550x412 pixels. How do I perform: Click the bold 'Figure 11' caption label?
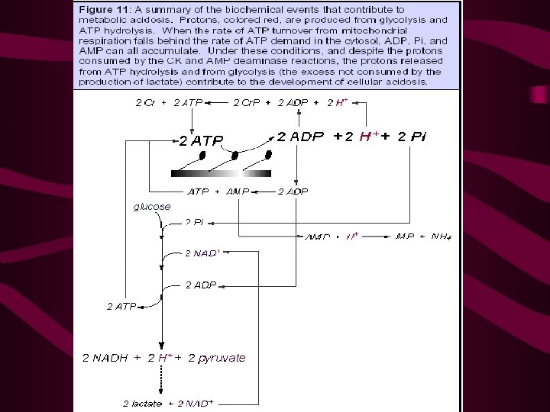pyautogui.click(x=99, y=9)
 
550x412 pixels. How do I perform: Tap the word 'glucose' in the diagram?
pyautogui.click(x=152, y=206)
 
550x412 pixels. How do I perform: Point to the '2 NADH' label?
pyautogui.click(x=107, y=357)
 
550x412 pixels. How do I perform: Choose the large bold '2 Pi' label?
pyautogui.click(x=412, y=137)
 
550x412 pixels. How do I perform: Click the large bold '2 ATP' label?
pyautogui.click(x=201, y=140)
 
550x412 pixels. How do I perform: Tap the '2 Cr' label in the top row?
pyautogui.click(x=144, y=103)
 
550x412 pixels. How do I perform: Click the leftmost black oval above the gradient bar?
pyautogui.click(x=202, y=156)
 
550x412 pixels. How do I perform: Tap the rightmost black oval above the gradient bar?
pyautogui.click(x=268, y=156)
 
